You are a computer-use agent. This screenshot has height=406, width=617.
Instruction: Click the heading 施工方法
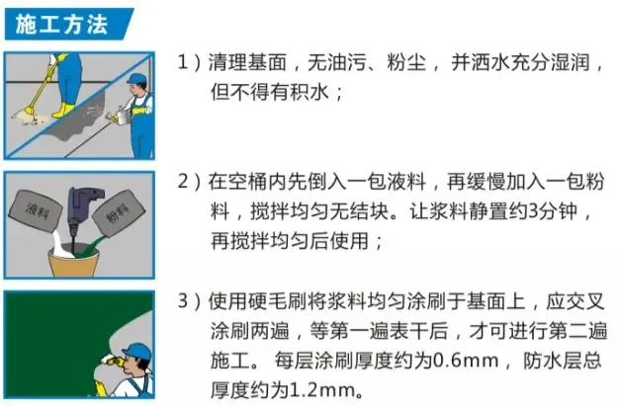(61, 25)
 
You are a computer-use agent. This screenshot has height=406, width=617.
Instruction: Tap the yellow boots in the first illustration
(63, 110)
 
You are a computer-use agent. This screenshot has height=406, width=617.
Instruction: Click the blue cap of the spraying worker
(136, 78)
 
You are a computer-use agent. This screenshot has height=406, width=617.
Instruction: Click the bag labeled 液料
(36, 211)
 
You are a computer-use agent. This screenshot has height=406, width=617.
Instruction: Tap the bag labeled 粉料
(118, 213)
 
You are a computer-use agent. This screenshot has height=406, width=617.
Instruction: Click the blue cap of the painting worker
(136, 351)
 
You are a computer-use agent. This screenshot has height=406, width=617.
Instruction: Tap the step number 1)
(189, 62)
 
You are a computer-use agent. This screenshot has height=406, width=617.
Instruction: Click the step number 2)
(189, 182)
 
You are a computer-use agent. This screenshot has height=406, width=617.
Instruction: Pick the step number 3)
(189, 301)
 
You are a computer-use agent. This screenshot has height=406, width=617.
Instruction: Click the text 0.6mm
(466, 361)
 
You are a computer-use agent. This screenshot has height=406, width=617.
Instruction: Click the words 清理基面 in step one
(247, 62)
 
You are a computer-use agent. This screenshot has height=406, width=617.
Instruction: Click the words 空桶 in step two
(248, 182)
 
